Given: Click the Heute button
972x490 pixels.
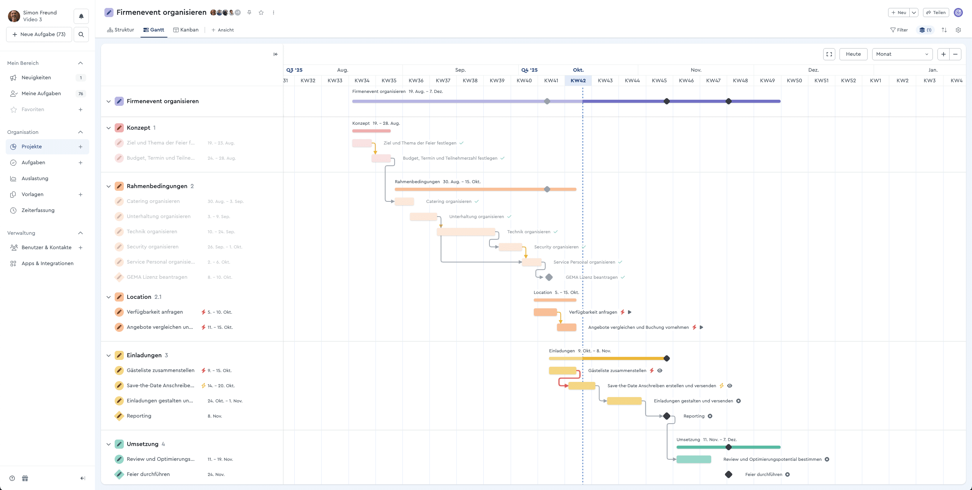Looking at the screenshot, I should [x=853, y=54].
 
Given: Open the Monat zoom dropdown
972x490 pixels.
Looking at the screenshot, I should [x=902, y=54].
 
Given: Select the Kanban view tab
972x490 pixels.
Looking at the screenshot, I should [x=186, y=30].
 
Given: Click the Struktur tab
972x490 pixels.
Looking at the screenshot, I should [x=121, y=30].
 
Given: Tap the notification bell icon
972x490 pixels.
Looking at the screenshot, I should [x=81, y=16].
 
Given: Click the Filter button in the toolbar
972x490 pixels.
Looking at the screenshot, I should [x=899, y=30].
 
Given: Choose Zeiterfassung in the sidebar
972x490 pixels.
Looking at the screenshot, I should [x=38, y=210].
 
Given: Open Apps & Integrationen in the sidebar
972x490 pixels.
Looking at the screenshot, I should [x=47, y=264].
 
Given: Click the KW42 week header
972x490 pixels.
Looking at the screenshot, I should [x=578, y=80].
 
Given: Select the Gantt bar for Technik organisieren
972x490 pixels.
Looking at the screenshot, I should [x=466, y=232].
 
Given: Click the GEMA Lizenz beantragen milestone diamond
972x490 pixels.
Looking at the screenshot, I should [x=549, y=277].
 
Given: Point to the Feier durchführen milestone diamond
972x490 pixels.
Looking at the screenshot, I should [x=729, y=474].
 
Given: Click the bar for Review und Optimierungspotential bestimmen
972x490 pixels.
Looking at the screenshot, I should [x=694, y=459].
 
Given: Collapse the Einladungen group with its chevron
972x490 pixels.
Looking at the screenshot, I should [x=109, y=355].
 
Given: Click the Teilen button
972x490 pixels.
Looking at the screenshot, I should [x=936, y=13].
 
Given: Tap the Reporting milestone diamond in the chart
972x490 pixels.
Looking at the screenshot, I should [x=667, y=416].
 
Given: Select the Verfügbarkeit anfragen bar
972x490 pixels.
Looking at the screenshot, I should [x=545, y=312].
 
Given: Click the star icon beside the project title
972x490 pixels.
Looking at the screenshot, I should [x=261, y=13].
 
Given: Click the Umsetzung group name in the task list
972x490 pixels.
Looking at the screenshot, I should [x=142, y=444].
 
